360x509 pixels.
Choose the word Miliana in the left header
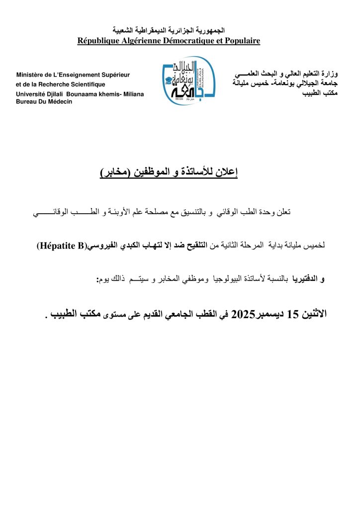coord(131,94)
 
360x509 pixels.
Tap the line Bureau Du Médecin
coord(44,101)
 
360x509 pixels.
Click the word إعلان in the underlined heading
coord(227,173)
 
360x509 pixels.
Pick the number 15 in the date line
coord(294,315)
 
